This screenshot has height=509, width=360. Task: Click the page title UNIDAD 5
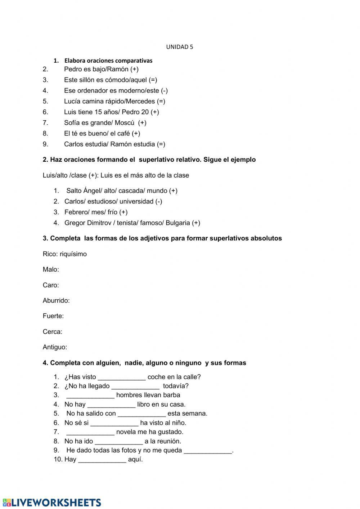click(179, 47)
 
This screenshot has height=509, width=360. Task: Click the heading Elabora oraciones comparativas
click(108, 61)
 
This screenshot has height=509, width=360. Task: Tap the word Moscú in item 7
click(125, 123)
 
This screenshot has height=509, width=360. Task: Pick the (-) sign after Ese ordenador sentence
click(164, 91)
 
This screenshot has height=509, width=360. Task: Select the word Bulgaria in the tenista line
click(178, 223)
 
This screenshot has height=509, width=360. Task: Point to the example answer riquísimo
click(73, 254)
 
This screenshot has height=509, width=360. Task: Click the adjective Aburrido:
click(56, 301)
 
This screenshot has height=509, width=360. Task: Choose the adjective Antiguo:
click(55, 347)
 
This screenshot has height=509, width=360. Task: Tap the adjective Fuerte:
click(53, 316)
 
